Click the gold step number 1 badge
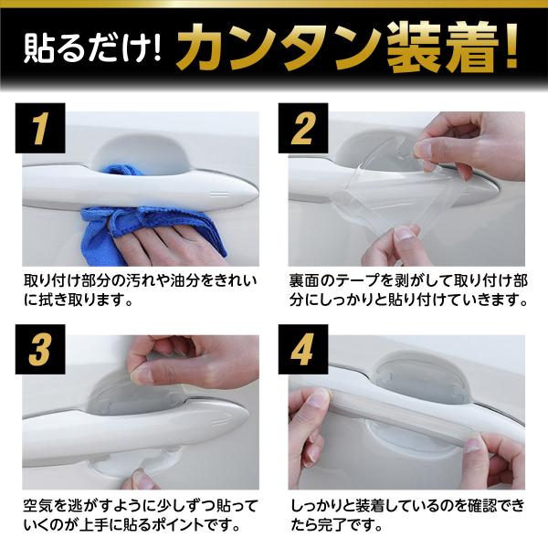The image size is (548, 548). click(40, 128)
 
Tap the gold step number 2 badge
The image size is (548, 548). click(303, 128)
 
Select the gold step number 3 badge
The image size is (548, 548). click(40, 349)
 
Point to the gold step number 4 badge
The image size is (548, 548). click(303, 349)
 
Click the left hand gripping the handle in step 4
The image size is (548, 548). click(311, 427)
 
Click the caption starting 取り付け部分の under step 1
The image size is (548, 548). click(141, 290)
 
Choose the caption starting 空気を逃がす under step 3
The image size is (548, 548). click(141, 515)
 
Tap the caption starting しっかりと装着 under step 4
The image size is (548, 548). click(407, 515)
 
